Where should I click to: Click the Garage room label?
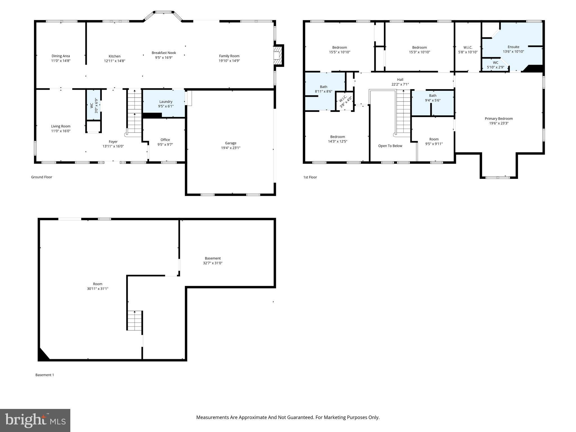pos(231,143)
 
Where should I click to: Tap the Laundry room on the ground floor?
pos(166,104)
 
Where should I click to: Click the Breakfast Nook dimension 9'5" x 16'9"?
pos(164,58)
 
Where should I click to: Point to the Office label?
pos(165,140)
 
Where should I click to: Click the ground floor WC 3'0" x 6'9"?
pos(94,105)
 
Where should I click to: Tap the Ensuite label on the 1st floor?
pos(513,47)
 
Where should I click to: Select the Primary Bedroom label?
pos(499,119)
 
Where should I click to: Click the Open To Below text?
pos(390,146)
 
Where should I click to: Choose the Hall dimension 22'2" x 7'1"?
pos(400,84)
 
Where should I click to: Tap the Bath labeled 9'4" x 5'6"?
pos(433,98)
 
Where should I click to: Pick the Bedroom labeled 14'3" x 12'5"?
pos(337,139)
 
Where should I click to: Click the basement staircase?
pos(135,321)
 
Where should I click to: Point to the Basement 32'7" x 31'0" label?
pos(213,261)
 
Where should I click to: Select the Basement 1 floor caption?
pos(44,375)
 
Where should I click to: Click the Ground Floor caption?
pos(42,177)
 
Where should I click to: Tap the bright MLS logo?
pos(35,420)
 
